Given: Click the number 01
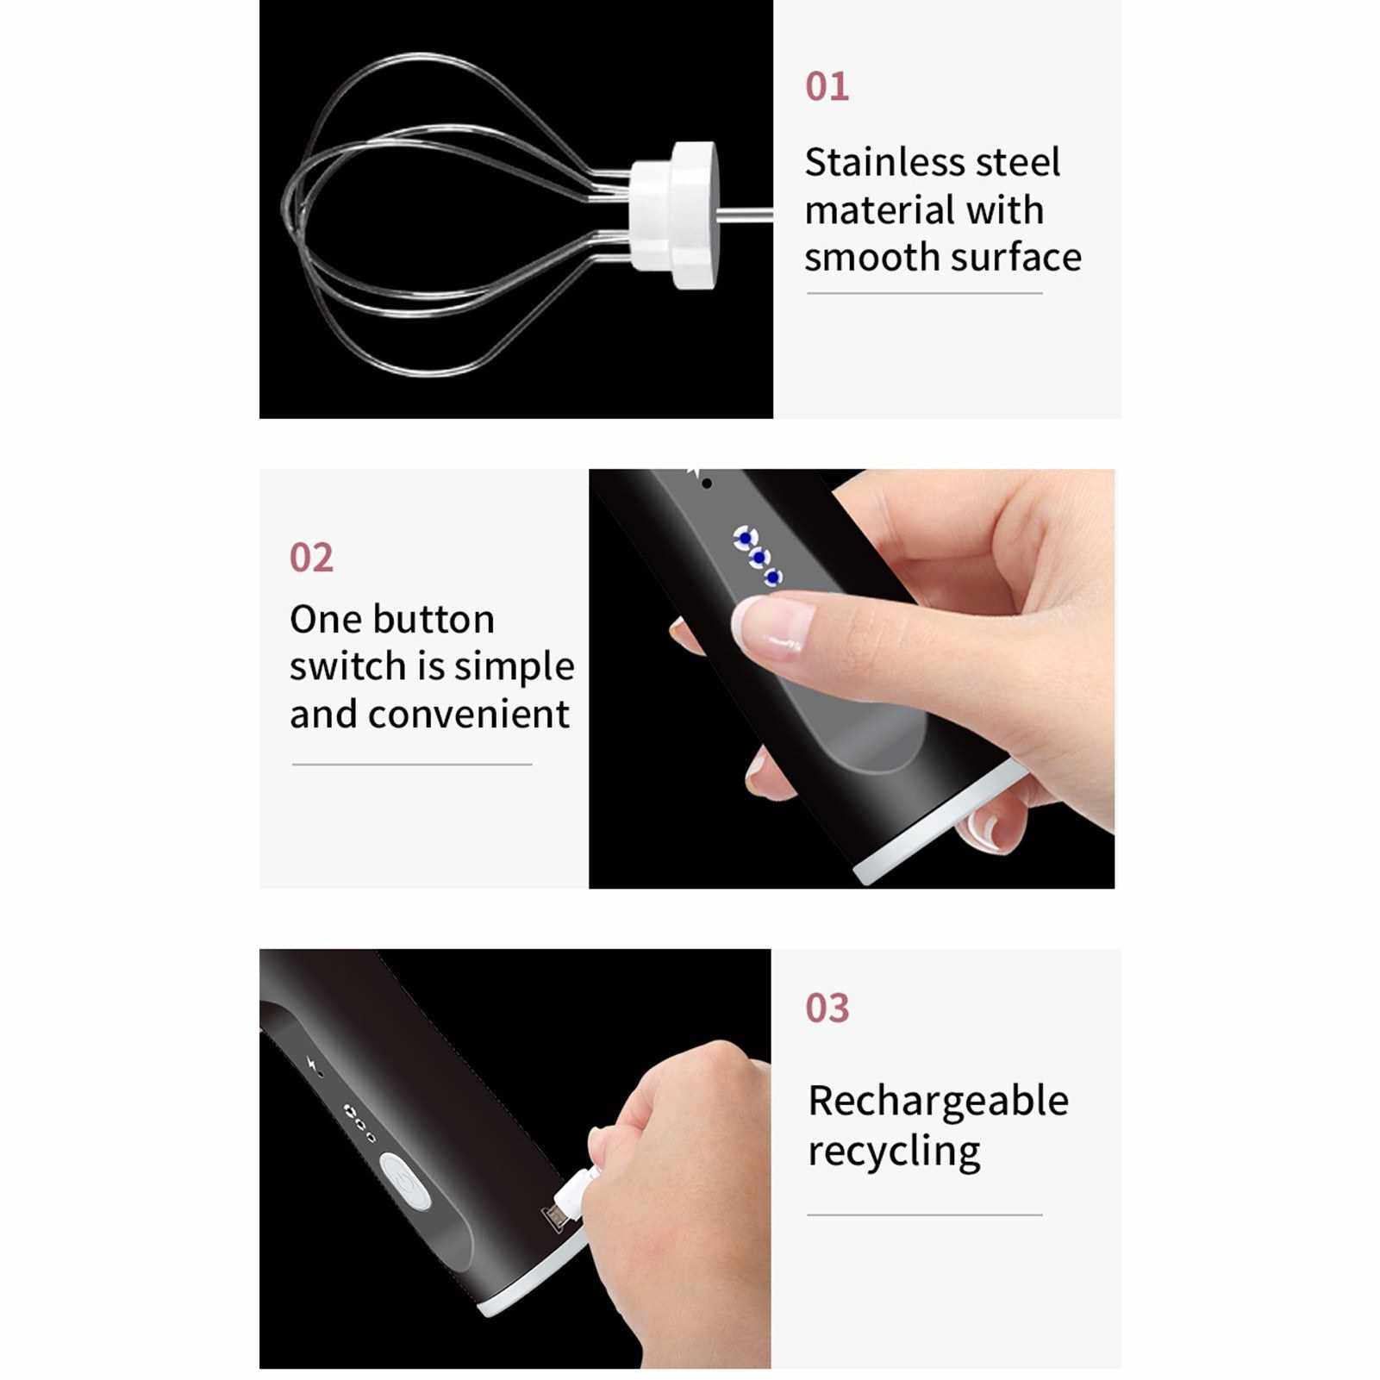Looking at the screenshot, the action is [827, 87].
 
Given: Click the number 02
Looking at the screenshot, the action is [311, 558].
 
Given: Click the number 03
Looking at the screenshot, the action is [827, 1008].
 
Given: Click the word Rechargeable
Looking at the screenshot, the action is [939, 1102].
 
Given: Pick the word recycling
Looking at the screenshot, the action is [895, 1152].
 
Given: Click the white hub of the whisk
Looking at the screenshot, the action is [674, 215].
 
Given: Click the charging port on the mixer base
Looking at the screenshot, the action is [554, 1219].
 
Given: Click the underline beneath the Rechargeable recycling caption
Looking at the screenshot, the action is [925, 1215].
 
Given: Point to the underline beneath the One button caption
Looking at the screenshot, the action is [412, 764].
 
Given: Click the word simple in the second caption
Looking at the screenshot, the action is [515, 667].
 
